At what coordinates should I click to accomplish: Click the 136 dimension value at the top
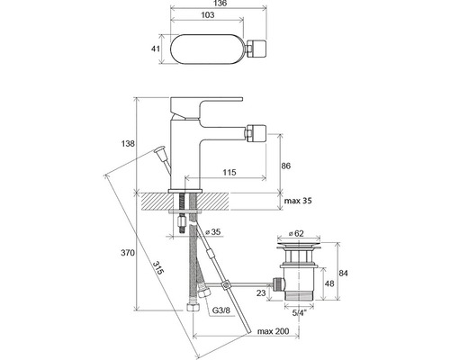(220, 4)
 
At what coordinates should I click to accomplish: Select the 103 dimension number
(208, 15)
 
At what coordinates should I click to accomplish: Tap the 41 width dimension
(155, 49)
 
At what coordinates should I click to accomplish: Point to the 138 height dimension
(128, 144)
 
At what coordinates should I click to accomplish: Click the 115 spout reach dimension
(229, 172)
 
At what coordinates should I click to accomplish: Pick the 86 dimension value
(286, 166)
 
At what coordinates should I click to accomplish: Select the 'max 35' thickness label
(298, 201)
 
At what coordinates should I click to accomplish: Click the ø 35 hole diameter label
(213, 232)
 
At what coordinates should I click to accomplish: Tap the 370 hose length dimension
(128, 253)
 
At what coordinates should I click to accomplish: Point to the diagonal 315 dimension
(158, 268)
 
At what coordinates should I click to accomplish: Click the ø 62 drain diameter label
(296, 233)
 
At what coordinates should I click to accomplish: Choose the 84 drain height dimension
(344, 274)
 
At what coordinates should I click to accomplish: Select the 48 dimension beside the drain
(329, 283)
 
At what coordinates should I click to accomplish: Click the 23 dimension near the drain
(261, 292)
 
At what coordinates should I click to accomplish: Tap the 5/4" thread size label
(299, 313)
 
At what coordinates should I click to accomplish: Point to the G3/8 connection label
(221, 310)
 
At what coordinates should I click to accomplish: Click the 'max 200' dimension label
(274, 331)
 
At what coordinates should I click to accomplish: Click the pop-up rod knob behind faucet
(159, 149)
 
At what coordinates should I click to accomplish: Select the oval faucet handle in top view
(208, 49)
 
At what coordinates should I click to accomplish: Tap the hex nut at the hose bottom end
(192, 308)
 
